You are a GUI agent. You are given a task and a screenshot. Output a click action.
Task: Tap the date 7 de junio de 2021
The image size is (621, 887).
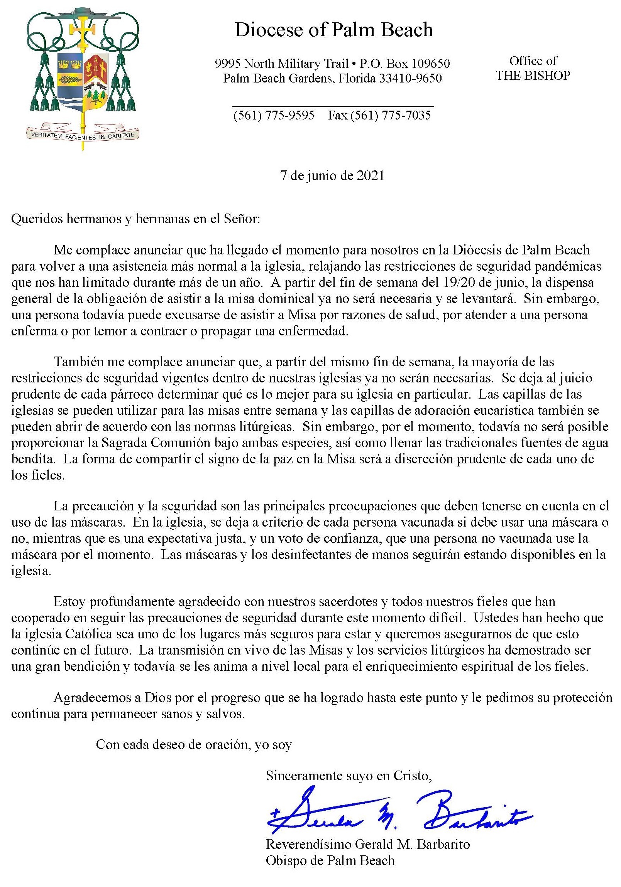(x=332, y=176)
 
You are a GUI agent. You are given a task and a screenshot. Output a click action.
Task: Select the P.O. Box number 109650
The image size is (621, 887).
(x=430, y=63)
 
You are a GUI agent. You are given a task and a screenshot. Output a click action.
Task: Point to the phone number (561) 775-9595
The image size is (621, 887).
(x=273, y=115)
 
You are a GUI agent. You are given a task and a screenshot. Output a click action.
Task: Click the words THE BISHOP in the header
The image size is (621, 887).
(x=533, y=75)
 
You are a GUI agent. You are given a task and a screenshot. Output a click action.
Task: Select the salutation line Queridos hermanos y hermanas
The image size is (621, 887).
(x=136, y=219)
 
